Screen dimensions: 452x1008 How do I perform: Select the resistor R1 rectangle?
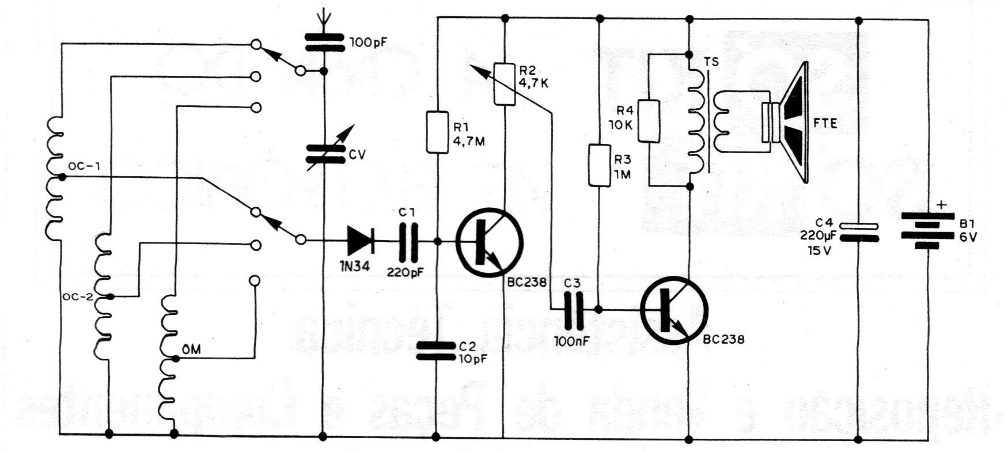(438, 132)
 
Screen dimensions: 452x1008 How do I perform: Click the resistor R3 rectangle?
(599, 165)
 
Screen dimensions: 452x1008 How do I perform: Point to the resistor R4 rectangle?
(649, 121)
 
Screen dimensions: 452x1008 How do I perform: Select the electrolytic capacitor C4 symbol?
(858, 232)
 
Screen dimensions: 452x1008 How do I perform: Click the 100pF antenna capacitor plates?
(324, 42)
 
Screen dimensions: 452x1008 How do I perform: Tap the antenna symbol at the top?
(324, 16)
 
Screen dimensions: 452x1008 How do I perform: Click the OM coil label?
(191, 349)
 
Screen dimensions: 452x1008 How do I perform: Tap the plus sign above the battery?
(941, 204)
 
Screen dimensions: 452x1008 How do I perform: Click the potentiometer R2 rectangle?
(505, 85)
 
